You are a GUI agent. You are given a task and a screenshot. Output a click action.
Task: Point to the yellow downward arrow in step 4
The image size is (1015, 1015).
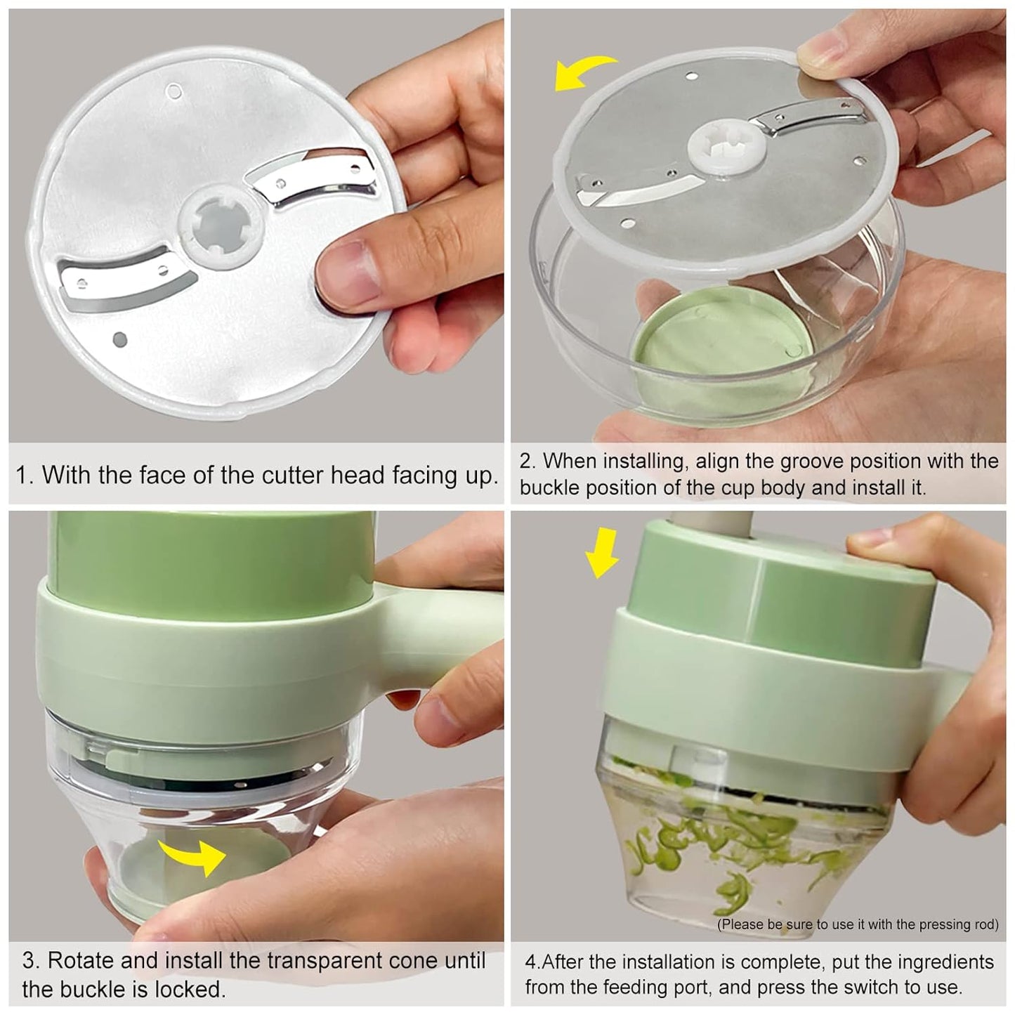602,552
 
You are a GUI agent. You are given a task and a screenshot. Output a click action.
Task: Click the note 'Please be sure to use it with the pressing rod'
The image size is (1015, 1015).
857,924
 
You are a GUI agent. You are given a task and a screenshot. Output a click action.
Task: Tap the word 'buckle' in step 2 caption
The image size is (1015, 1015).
549,488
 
